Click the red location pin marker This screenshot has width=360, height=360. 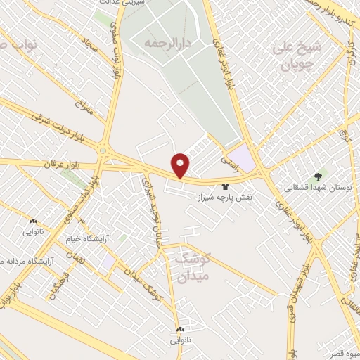pos(181,166)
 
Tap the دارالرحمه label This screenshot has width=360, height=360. pos(167,43)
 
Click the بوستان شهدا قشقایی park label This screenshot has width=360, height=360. pos(316,188)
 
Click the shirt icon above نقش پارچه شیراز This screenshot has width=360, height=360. pos(225,187)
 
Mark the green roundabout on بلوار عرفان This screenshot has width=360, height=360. pos(104,151)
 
